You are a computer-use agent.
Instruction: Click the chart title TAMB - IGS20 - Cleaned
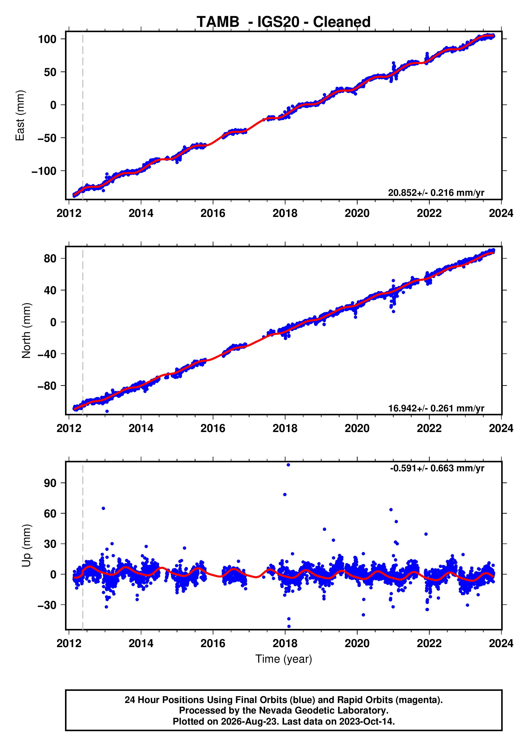tap(283, 22)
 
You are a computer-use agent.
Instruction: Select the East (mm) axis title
tap(20, 115)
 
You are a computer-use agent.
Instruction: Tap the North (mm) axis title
tap(26, 331)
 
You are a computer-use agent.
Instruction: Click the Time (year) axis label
tap(283, 659)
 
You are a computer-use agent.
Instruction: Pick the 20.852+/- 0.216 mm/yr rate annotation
tap(436, 193)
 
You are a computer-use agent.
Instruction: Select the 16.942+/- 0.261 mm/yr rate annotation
tap(436, 408)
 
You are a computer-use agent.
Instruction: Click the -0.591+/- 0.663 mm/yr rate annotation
tap(437, 468)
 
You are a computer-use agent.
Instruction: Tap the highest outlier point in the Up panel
tap(288, 465)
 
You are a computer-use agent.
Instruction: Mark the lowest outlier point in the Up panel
tap(289, 626)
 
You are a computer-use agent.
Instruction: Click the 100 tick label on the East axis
tap(47, 39)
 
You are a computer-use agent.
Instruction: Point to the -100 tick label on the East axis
tap(44, 171)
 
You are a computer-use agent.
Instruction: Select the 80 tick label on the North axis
tap(50, 258)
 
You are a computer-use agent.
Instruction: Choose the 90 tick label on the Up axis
tap(50, 483)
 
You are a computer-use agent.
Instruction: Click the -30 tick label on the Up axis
tap(47, 605)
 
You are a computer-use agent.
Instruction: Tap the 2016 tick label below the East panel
tap(213, 213)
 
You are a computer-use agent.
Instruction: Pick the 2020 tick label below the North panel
tap(357, 428)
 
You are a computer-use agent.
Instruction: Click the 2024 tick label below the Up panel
tap(501, 643)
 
